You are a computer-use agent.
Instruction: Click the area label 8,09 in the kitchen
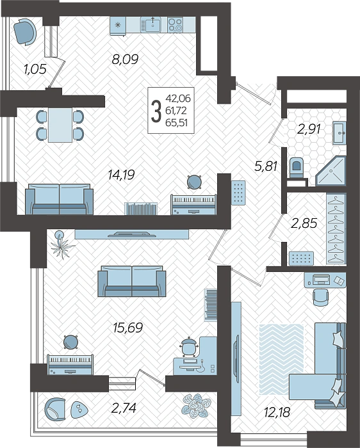(x=126, y=60)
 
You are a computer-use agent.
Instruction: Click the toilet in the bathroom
(x=296, y=168)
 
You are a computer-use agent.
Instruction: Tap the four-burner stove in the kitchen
(x=176, y=25)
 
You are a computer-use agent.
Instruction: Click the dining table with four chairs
(x=60, y=125)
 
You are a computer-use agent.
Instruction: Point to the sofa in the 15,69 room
(x=132, y=282)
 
